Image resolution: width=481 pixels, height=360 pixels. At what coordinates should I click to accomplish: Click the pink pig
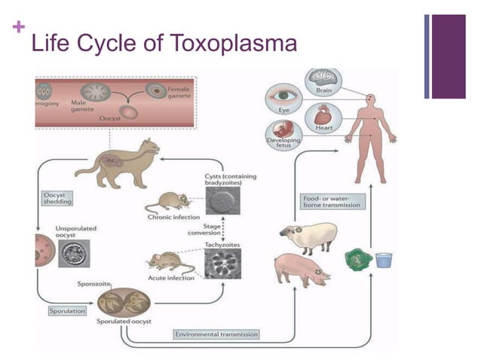[x=301, y=270]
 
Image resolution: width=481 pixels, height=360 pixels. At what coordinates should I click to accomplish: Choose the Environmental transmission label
[x=216, y=334]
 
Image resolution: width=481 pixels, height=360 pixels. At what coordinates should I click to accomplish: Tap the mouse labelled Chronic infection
[x=172, y=203]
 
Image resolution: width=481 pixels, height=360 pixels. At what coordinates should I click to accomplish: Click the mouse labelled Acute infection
[x=168, y=261]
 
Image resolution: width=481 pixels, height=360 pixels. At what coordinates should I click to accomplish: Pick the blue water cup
[x=384, y=260]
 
